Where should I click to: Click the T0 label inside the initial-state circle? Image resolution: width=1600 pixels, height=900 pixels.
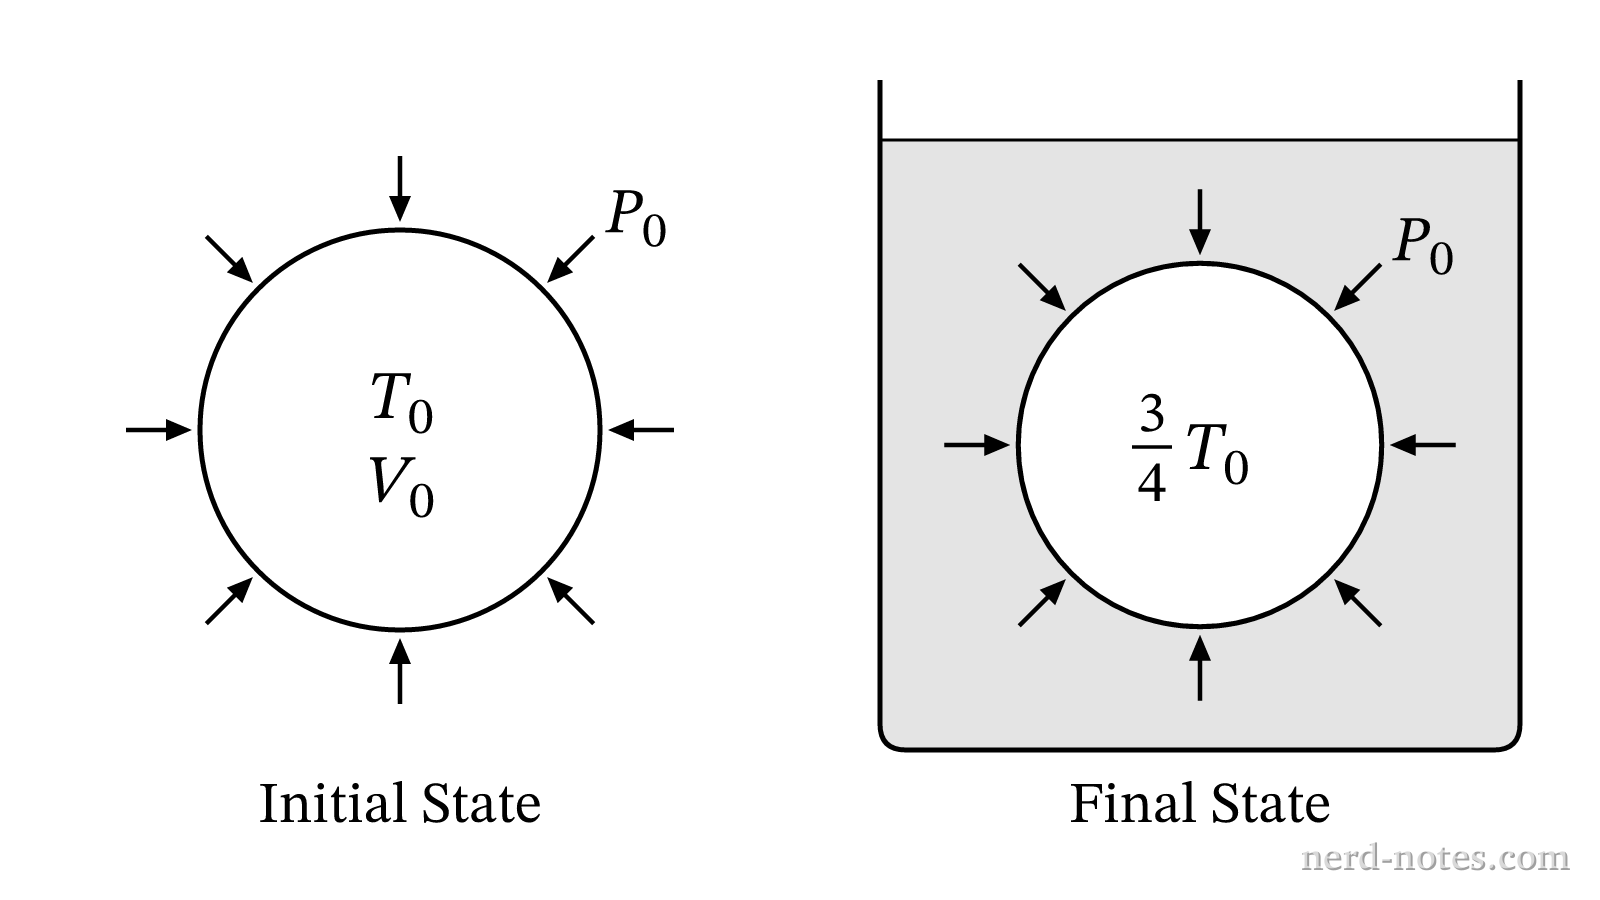[402, 404]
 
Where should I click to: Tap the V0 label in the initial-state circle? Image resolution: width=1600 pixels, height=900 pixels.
[402, 487]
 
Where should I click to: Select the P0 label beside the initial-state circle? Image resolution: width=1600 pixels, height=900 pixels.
[636, 219]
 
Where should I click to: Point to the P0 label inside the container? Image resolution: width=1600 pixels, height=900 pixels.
[1423, 246]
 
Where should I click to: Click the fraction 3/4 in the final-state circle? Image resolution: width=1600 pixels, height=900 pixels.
[1151, 449]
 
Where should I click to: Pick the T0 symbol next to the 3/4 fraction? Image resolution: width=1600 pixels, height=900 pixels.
[1218, 455]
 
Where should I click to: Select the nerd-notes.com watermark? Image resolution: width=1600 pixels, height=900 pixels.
[1436, 858]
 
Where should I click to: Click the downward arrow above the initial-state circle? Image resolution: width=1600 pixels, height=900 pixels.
[400, 189]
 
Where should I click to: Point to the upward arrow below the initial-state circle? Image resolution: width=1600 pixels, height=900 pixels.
[400, 671]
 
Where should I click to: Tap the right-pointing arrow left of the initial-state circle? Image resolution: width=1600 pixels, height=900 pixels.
[159, 430]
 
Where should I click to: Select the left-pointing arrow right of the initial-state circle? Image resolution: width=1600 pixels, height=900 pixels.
[641, 430]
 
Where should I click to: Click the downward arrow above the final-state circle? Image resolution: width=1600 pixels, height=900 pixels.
[1200, 222]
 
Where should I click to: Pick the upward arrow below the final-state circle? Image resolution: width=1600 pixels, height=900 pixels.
[1200, 668]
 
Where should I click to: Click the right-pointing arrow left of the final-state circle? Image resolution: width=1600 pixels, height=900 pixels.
[977, 445]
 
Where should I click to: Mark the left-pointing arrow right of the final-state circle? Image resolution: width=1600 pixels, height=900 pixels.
[1423, 445]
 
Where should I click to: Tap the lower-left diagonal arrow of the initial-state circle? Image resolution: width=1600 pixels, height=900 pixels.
[229, 601]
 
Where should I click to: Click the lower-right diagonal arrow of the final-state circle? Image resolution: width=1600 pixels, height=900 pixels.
[1358, 603]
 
